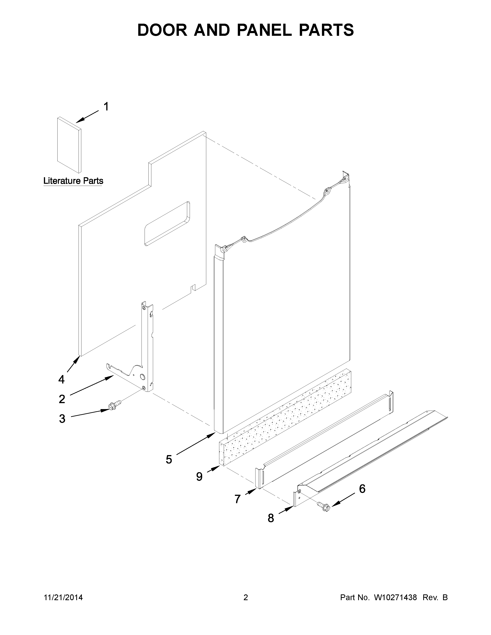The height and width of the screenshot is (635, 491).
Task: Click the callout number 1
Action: coord(106,107)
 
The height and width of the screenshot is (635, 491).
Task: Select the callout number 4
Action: coord(61,379)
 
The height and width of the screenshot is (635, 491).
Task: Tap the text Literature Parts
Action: coord(73,181)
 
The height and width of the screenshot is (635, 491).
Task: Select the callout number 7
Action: coord(238,499)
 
